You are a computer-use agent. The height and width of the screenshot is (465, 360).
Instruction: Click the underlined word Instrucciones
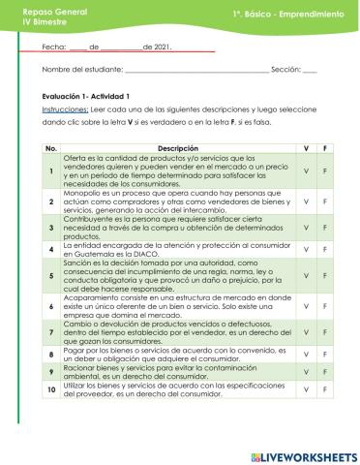coord(66,110)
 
